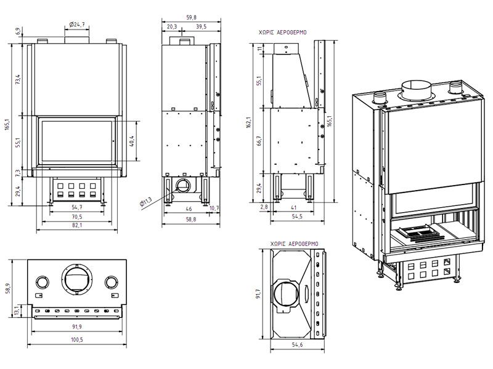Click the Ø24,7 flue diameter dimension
77,24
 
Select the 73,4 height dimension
18,79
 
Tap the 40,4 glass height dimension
131,141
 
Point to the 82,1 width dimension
77,226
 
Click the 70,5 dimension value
77,217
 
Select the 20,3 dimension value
172,26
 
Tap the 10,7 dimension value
214,208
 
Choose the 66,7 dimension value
259,141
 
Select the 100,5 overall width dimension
77,339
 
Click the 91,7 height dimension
259,295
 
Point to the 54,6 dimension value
297,344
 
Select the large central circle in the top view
77,280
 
